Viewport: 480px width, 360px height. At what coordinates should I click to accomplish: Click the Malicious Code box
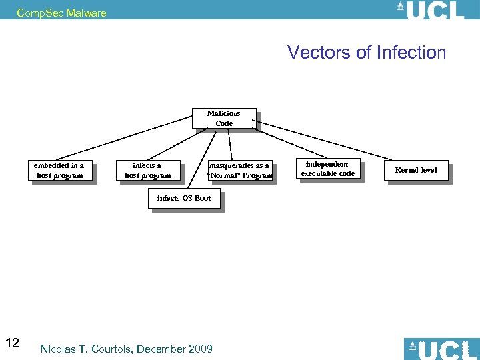tap(223, 118)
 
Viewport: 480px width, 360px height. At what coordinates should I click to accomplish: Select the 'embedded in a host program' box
tap(59, 171)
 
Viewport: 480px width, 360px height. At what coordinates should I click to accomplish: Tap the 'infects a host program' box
tap(147, 171)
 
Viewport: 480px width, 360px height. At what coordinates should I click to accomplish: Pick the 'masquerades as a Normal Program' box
tap(239, 171)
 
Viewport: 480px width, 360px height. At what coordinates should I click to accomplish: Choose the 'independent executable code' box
tap(327, 169)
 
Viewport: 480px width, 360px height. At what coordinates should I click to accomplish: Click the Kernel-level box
tap(416, 171)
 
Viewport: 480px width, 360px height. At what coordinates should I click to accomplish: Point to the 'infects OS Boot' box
tap(183, 198)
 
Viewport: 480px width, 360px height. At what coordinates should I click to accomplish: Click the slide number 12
tap(12, 343)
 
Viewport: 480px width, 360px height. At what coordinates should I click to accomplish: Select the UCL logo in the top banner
tap(430, 10)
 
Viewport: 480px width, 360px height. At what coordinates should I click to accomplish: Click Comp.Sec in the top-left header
tap(33, 13)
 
